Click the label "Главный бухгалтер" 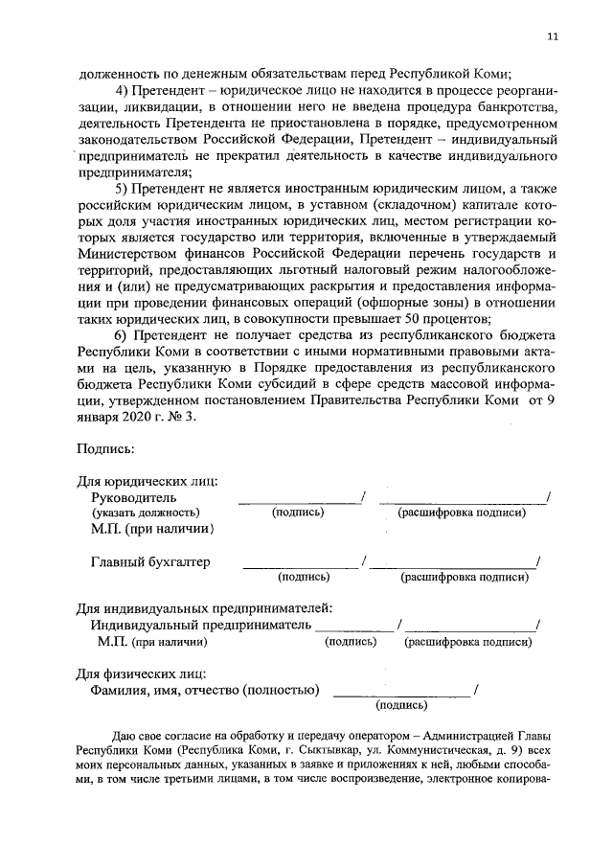coord(150,562)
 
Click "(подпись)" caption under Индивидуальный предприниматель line coord(350,643)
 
